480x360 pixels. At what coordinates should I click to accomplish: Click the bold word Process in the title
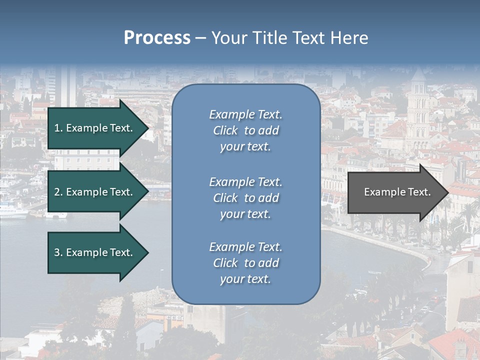pos(157,38)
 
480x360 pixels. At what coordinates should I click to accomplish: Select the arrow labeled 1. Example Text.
pos(95,128)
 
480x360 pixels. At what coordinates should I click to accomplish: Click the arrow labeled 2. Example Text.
pos(95,192)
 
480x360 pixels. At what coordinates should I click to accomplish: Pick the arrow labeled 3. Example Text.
pos(95,252)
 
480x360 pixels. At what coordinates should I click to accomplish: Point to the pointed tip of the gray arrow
pos(447,192)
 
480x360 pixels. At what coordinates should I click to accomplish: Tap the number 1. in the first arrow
pos(58,128)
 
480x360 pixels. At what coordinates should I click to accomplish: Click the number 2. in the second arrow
pos(58,192)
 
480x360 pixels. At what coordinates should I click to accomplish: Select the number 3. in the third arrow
pos(58,252)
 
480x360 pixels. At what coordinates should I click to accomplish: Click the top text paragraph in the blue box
pos(245,130)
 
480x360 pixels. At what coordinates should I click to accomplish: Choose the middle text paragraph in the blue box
pos(245,198)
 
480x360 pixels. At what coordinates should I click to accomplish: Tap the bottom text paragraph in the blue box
pos(245,263)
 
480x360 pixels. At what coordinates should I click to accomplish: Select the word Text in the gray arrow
pos(419,192)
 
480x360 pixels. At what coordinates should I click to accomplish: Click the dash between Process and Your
pos(200,38)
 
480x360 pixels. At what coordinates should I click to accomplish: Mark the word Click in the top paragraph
pos(225,130)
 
